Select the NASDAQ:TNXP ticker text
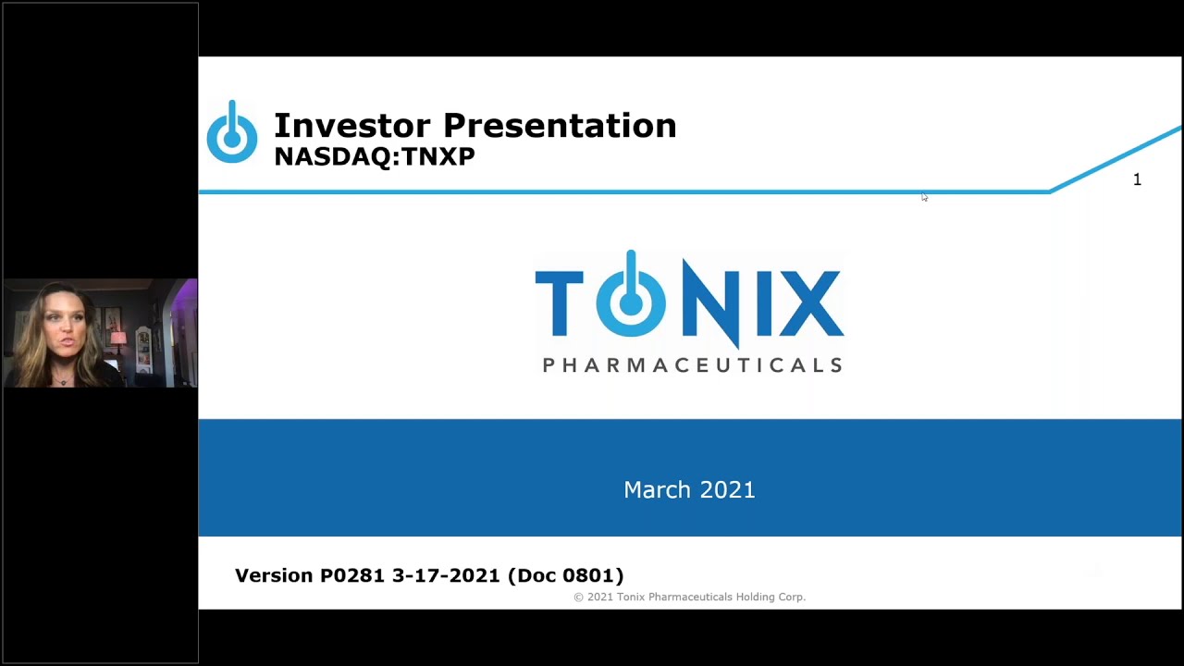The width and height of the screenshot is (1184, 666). [x=375, y=156]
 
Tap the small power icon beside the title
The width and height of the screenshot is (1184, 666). [x=231, y=134]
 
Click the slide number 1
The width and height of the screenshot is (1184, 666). [x=1137, y=179]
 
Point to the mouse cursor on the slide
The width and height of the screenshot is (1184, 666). [x=924, y=197]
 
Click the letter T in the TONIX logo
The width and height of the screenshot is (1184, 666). [x=559, y=302]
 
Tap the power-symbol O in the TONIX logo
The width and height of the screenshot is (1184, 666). [x=631, y=298]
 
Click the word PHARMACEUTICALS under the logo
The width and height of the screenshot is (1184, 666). [x=692, y=365]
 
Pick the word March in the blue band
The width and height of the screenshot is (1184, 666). [x=654, y=490]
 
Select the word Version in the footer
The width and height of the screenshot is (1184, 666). [x=274, y=575]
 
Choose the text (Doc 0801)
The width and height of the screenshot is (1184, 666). [x=566, y=575]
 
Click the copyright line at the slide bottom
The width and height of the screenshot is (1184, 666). [x=689, y=598]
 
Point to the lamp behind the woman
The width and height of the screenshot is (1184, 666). [x=117, y=338]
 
